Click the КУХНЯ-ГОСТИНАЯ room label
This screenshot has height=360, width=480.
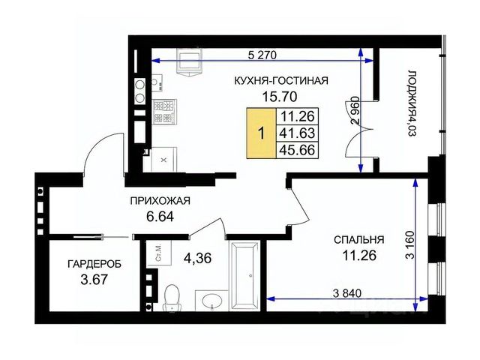point(281,81)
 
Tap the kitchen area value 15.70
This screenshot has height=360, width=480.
point(280,97)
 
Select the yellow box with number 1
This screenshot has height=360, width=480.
point(262,133)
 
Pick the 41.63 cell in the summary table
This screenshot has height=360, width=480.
point(298,133)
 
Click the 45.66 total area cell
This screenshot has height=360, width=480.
point(298,150)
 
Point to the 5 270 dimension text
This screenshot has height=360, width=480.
point(262,55)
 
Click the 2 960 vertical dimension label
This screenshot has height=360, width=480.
point(355,110)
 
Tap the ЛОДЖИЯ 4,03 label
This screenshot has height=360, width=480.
point(412,103)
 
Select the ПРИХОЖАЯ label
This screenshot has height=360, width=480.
point(160,201)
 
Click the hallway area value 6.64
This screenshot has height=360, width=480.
point(160,217)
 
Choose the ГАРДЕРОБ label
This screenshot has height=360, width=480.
point(94,264)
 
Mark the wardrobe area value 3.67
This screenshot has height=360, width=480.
point(94,280)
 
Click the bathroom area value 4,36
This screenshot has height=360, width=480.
point(197,258)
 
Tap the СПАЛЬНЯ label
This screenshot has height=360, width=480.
point(358,239)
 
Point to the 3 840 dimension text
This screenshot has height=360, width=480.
point(347,293)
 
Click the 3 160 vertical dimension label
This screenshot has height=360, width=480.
point(410,245)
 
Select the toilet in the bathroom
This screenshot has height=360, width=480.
point(172,298)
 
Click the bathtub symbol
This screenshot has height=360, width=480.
point(245,276)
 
